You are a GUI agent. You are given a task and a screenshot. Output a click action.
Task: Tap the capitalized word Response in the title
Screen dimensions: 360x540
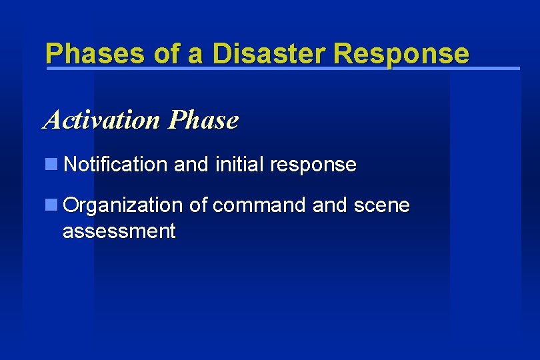point(401,53)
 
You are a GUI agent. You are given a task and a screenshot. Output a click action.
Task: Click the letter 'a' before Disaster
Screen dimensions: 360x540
point(195,53)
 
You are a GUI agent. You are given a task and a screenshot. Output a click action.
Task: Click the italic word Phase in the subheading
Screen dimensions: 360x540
point(203,120)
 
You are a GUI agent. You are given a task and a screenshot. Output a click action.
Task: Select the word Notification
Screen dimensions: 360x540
point(116,164)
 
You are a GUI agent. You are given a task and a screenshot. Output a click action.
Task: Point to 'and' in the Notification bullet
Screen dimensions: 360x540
point(191,164)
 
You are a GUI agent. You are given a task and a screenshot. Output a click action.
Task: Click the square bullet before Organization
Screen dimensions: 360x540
point(51,205)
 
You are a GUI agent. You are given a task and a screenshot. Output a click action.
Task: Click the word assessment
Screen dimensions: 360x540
point(119,232)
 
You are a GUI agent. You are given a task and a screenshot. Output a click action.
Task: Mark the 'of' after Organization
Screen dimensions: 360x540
point(198,205)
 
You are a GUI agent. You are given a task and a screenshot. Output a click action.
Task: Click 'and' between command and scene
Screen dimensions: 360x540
point(329,205)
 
